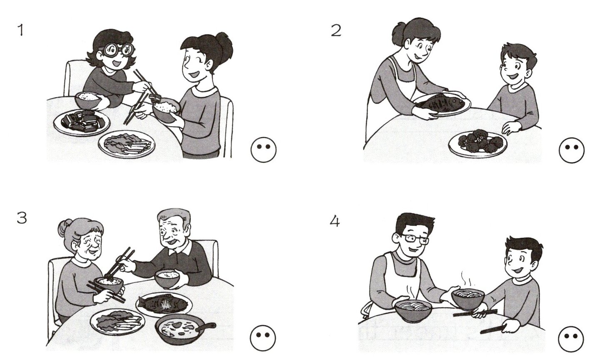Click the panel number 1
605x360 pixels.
tap(20, 30)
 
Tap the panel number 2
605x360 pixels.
tap(336, 30)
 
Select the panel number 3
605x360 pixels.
tap(22, 218)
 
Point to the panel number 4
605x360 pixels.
tap(335, 221)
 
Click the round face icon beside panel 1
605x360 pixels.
tap(263, 149)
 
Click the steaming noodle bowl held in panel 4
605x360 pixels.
tap(468, 299)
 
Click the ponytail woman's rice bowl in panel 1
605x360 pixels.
tap(166, 111)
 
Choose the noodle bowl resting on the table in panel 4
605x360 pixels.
tap(413, 310)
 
